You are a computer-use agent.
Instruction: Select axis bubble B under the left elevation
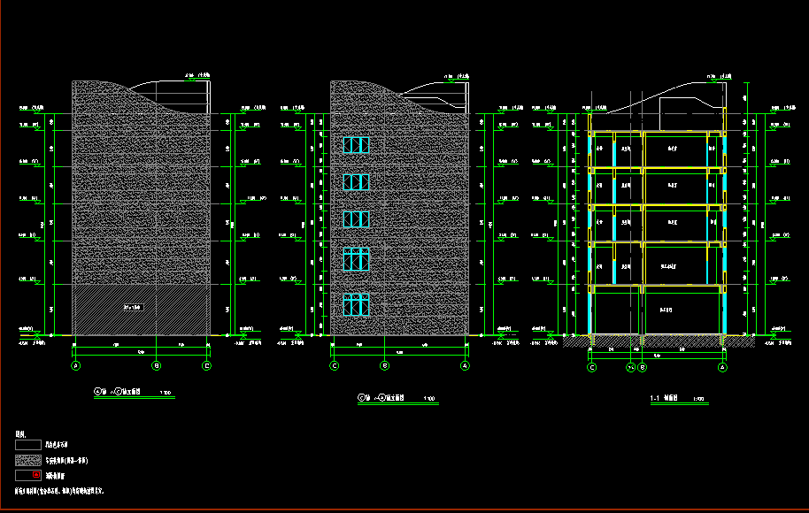(157, 365)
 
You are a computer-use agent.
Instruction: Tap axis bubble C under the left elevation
(207, 365)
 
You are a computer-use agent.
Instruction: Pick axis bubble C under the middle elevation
(335, 365)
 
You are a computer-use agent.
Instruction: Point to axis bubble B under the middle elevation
(384, 365)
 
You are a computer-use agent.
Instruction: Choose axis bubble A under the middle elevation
(465, 365)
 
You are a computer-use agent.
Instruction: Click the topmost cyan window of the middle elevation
(356, 145)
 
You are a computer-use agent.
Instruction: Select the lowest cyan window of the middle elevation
(356, 304)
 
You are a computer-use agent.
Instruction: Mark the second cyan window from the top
(356, 181)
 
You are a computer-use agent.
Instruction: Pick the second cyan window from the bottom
(356, 258)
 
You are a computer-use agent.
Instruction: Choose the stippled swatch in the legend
(28, 461)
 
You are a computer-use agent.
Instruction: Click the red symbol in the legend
(36, 476)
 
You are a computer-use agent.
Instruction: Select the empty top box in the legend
(28, 445)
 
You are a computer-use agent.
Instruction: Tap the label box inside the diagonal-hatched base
(133, 307)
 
